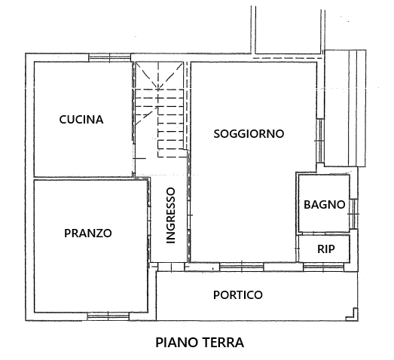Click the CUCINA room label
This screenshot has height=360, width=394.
(x=81, y=119)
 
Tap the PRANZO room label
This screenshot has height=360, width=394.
(x=88, y=233)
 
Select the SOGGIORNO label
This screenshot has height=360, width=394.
(x=249, y=133)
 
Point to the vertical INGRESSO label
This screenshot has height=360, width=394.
(x=171, y=215)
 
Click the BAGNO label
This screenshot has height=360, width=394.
(x=325, y=205)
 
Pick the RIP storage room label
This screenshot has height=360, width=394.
(x=326, y=249)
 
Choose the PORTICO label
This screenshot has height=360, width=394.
(x=238, y=295)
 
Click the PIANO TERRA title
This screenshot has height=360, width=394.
(x=200, y=343)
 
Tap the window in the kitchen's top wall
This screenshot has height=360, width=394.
(x=110, y=58)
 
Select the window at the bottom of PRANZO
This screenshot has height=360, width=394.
(x=108, y=316)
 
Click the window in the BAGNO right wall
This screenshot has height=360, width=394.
(x=353, y=214)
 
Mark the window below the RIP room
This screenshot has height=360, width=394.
(x=323, y=267)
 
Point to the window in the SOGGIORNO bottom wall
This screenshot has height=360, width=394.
(x=242, y=267)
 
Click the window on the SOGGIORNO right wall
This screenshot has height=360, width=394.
(x=320, y=141)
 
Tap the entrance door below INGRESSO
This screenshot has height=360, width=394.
(x=171, y=267)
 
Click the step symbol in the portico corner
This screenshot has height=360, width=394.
(x=352, y=314)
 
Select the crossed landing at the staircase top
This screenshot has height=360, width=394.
(x=159, y=75)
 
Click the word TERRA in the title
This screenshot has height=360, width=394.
(x=223, y=343)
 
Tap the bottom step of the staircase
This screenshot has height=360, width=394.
(x=173, y=153)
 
